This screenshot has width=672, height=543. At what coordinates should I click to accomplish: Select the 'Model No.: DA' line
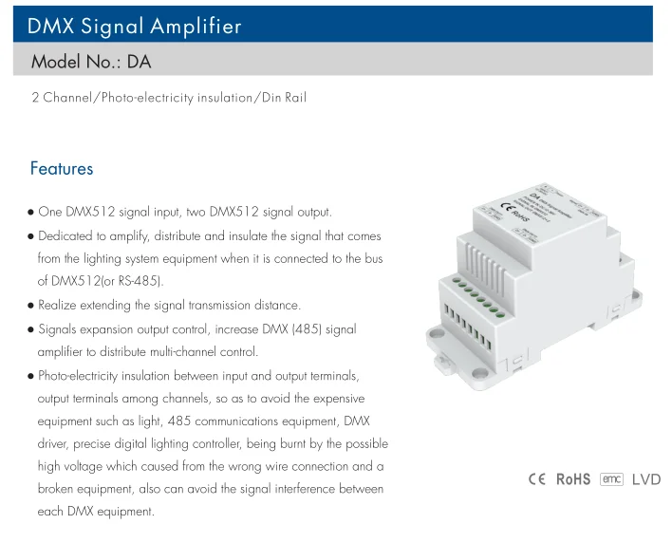point(91,63)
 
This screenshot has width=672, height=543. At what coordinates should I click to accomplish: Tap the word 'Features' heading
point(62,169)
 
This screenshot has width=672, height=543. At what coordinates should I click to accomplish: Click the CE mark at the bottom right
point(537,479)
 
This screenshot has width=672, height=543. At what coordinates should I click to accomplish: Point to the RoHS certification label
point(573,479)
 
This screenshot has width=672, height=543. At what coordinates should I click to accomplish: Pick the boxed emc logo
point(611,479)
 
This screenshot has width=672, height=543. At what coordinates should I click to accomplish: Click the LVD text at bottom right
point(645,479)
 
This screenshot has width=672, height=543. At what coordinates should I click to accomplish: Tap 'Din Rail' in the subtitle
point(281,98)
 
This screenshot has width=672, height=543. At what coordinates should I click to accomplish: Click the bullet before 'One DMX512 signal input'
point(31,213)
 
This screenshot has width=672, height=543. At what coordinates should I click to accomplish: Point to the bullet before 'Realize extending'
point(31,306)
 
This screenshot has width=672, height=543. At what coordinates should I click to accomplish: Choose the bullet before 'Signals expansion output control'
point(31,329)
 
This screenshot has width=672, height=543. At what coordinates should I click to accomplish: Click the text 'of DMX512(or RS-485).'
point(101,282)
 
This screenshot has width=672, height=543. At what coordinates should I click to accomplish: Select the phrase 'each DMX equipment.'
point(95,513)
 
